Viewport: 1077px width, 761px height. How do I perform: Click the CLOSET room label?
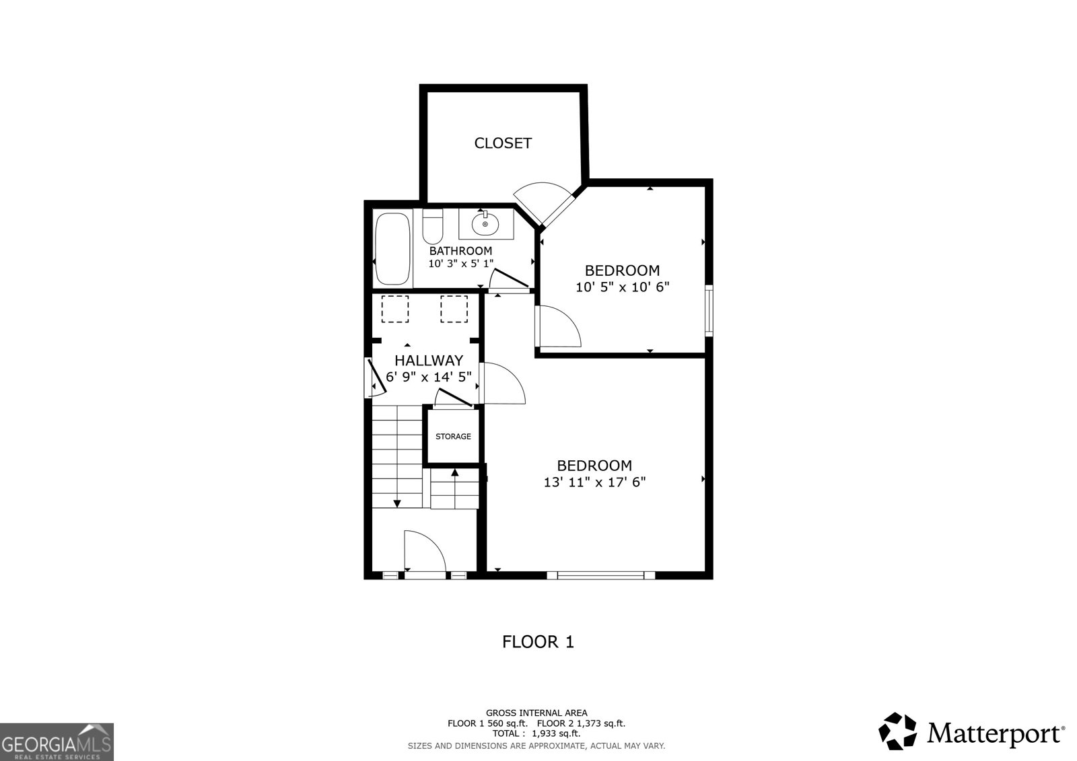(x=503, y=143)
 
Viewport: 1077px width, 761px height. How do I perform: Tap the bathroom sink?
(x=485, y=223)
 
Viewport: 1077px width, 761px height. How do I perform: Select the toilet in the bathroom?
(x=433, y=227)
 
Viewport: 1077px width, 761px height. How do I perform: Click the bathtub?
(x=392, y=248)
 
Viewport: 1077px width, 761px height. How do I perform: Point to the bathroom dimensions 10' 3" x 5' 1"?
(x=461, y=264)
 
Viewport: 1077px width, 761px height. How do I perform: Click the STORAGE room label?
(x=453, y=437)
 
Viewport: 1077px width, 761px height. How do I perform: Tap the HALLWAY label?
(x=429, y=361)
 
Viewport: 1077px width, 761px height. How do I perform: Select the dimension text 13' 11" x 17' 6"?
(x=594, y=482)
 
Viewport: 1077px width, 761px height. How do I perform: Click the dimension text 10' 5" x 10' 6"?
(x=623, y=287)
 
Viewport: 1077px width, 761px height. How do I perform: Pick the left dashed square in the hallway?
(x=395, y=309)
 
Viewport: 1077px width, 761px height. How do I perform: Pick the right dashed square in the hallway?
(x=454, y=309)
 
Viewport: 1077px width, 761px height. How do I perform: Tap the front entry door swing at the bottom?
(x=423, y=552)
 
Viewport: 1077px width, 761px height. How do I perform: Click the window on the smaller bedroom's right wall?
(x=709, y=311)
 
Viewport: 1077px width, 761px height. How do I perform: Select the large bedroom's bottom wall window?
(x=600, y=575)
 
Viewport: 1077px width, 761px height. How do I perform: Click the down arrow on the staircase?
(x=397, y=502)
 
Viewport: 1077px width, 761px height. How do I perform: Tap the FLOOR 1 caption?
(x=538, y=642)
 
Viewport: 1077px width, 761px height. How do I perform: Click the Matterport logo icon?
(x=898, y=731)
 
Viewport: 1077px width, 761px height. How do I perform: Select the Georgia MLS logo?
(x=57, y=742)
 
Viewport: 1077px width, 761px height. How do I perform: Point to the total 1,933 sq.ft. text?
(x=536, y=734)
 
